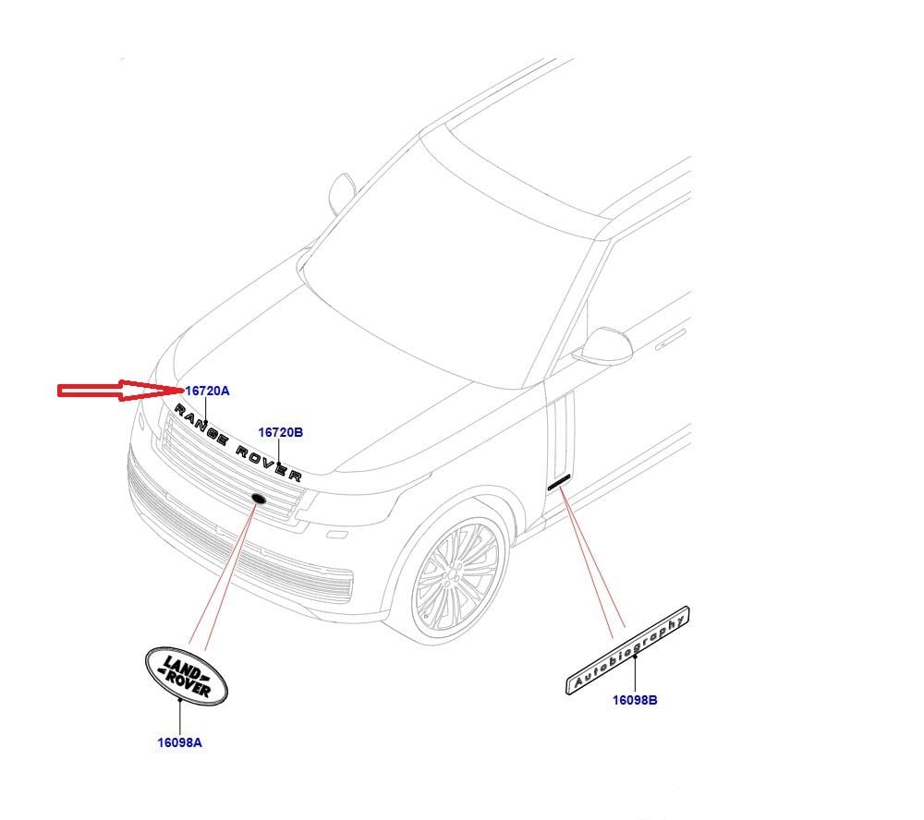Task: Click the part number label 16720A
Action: pos(207,391)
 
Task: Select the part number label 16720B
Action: pos(280,431)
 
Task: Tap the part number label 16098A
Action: pos(179,742)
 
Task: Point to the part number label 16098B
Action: pos(635,700)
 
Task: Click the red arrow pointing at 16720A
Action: pos(119,392)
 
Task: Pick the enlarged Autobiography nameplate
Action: pos(628,649)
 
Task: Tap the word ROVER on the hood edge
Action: pos(269,462)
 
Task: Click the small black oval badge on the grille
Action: pos(257,500)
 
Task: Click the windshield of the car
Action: pos(444,249)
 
